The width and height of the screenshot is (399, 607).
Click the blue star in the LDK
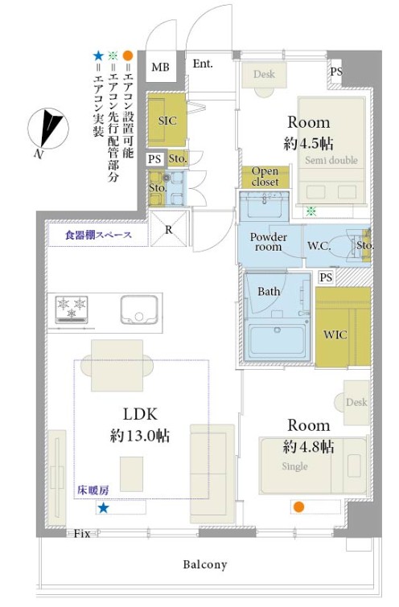(103, 508)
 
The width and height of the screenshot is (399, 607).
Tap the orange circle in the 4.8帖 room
(298, 507)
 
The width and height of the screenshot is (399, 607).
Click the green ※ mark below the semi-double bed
(311, 211)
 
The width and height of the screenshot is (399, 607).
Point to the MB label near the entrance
(160, 68)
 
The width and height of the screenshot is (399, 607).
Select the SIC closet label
(167, 121)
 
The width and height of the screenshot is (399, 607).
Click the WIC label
(335, 334)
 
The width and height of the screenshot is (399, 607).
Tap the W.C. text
(319, 245)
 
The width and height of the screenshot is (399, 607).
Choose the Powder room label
(269, 242)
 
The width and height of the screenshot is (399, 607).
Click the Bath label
(269, 291)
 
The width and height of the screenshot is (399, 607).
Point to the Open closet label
(265, 177)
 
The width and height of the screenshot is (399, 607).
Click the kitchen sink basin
(139, 310)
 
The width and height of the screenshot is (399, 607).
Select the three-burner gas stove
(72, 310)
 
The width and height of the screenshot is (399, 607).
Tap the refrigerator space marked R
(168, 229)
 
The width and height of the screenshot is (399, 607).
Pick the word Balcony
(205, 564)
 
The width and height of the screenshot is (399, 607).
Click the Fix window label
(82, 534)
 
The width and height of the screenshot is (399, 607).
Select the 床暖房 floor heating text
(93, 490)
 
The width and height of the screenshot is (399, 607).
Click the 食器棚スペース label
(98, 235)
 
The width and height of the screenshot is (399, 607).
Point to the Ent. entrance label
(203, 64)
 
